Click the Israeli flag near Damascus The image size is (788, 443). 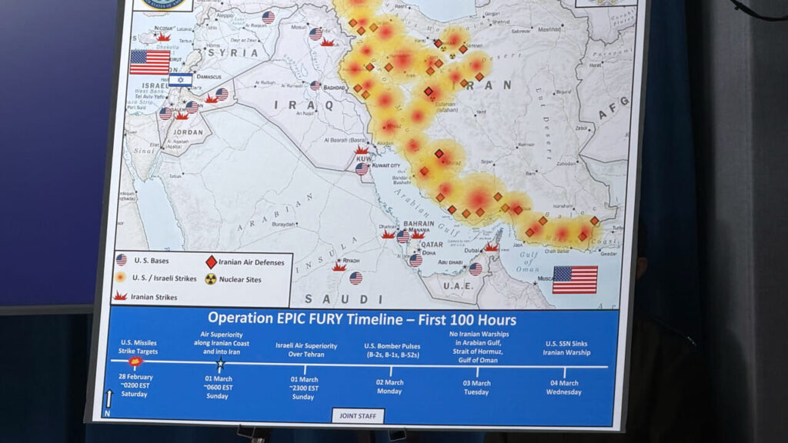point(181,80)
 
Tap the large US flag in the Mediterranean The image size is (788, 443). point(149,62)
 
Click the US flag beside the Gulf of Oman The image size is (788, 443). point(575,279)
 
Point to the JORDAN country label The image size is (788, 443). point(188,132)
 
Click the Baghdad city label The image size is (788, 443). point(334,88)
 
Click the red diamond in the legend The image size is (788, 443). point(211,262)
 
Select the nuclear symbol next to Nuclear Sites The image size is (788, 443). point(211,279)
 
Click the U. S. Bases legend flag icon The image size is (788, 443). point(121,260)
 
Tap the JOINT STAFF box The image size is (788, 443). point(358,416)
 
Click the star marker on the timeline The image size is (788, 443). point(220,362)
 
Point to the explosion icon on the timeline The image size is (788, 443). point(135,361)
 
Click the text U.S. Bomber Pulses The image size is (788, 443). point(391,345)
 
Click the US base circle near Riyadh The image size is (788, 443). point(356,278)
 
